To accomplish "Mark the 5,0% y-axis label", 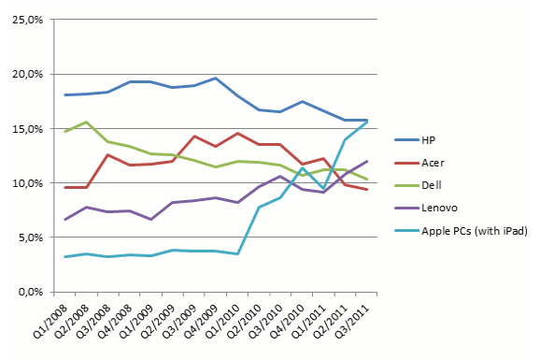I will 31,238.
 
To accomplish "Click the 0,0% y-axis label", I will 31,292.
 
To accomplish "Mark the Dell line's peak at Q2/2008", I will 87,122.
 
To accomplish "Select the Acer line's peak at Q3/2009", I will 194,137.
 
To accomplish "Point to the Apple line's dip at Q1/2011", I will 323,189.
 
